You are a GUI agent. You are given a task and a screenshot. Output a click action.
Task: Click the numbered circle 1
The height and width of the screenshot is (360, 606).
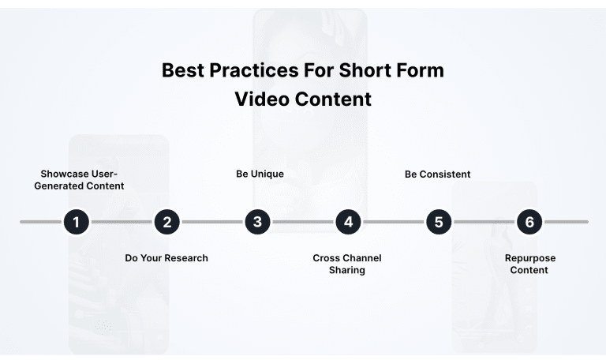[76, 222]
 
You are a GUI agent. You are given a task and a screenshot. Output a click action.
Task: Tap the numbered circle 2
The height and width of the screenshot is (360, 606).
[166, 222]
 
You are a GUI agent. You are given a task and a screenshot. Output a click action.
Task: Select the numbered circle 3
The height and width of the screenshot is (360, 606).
[257, 222]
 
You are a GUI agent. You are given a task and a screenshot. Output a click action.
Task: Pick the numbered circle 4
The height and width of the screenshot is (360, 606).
[348, 222]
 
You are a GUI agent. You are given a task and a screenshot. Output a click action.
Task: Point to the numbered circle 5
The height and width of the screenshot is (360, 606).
[439, 222]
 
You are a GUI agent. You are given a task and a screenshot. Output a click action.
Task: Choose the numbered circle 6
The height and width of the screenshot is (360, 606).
[529, 222]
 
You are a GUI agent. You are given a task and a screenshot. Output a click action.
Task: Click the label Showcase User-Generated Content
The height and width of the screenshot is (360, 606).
[83, 180]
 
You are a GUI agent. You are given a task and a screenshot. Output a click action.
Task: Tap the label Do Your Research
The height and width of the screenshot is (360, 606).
[166, 258]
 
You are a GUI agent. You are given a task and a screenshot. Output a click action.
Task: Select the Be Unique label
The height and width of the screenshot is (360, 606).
[260, 174]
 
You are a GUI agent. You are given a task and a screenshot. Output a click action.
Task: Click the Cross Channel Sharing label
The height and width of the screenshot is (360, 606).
[347, 264]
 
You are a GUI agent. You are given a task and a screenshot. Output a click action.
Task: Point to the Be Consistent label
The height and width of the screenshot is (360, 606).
[437, 174]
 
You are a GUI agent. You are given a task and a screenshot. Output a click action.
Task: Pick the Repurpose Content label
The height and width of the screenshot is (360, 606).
[529, 264]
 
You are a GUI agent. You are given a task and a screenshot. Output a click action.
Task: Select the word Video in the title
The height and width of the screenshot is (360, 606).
[262, 100]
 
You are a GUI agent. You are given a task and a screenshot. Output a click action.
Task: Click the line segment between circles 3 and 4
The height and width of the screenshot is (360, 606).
[303, 222]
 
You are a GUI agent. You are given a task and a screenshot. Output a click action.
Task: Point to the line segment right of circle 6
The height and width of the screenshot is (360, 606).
[566, 222]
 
